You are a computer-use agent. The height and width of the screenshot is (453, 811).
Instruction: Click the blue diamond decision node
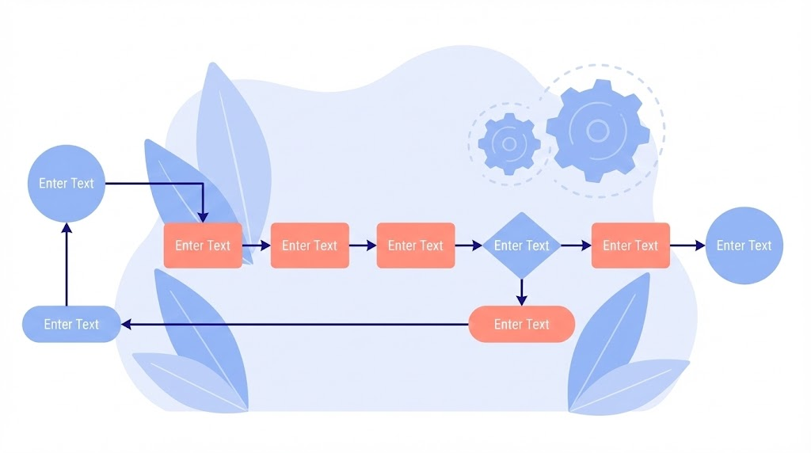click(521, 246)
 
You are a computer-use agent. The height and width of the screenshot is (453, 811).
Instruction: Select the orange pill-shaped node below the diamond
click(521, 324)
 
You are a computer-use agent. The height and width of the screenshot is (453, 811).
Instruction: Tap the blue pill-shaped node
click(71, 324)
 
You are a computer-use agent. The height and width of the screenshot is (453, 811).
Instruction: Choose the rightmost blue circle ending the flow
click(744, 246)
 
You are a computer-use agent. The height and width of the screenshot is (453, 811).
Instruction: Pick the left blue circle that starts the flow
click(67, 183)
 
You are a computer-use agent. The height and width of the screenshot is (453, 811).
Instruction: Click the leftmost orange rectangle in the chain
click(203, 246)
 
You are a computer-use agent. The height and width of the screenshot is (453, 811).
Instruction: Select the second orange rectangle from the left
click(310, 246)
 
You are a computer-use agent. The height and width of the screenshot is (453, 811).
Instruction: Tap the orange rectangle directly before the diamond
click(416, 246)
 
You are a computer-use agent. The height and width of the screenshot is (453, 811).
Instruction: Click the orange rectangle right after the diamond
click(630, 246)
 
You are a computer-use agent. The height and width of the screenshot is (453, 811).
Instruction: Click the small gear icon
click(509, 143)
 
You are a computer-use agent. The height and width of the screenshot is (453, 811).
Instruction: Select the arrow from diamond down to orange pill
click(521, 291)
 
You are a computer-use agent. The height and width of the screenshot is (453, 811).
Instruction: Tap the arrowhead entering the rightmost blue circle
click(699, 246)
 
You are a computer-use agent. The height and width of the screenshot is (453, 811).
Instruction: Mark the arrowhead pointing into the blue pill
click(126, 324)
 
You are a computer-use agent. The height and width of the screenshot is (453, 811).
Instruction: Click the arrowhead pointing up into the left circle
click(67, 227)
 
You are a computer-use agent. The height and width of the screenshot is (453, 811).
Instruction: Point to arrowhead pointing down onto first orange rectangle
click(203, 217)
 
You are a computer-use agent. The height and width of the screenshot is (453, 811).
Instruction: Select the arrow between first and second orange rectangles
click(257, 246)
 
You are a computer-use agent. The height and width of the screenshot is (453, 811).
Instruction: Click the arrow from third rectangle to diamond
click(469, 246)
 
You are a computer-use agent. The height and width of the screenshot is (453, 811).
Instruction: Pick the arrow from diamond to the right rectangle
click(576, 246)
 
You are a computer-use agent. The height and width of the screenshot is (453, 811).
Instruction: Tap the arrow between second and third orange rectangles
click(363, 246)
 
